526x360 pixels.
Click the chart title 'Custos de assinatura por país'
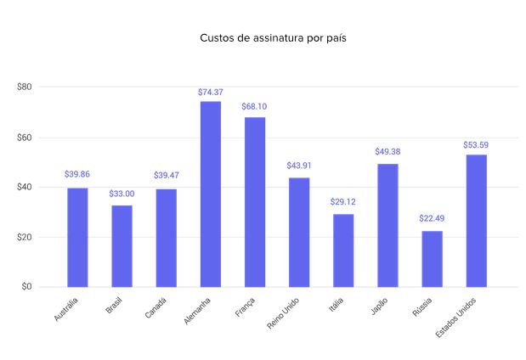[x=262, y=38]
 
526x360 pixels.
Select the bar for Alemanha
[x=211, y=194]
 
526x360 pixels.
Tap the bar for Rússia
[x=432, y=259]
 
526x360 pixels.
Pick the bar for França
[x=255, y=202]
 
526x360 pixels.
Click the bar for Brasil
[x=122, y=246]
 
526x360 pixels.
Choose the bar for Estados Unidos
[x=476, y=221]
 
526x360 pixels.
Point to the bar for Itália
[x=343, y=250]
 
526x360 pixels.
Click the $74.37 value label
[x=211, y=92]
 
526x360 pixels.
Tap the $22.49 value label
[x=432, y=218]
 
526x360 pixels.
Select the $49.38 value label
[x=387, y=151]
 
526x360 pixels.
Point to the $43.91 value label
[x=299, y=165]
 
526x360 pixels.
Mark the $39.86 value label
[x=77, y=175]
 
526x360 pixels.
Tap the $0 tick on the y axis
[x=26, y=287]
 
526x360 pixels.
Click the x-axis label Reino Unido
[x=284, y=315]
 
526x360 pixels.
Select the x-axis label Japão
[x=379, y=307]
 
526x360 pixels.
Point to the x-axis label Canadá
[x=156, y=309]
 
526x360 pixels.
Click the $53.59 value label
[x=476, y=145]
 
